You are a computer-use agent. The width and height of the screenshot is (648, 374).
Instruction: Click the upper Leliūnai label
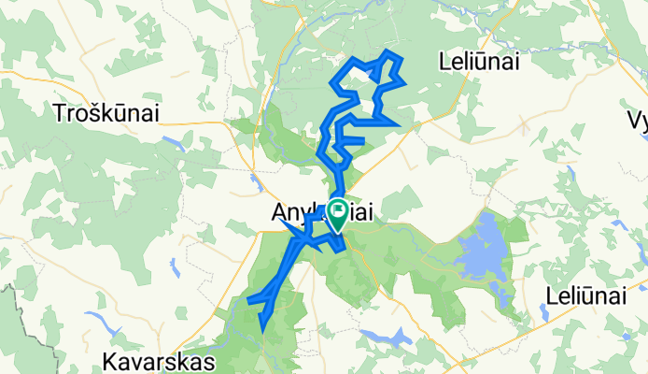[478, 63]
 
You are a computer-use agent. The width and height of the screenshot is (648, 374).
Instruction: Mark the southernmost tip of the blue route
[263, 330]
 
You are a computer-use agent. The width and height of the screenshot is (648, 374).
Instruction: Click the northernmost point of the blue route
[388, 52]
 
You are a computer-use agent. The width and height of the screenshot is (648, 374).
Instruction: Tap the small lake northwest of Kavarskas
[110, 329]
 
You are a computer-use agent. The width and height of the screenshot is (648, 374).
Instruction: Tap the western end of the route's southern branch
[249, 300]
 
